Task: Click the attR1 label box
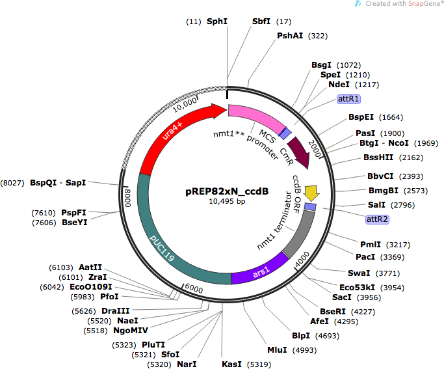pyautogui.click(x=348, y=99)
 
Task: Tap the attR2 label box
pyautogui.click(x=377, y=219)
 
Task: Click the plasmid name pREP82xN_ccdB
pyautogui.click(x=227, y=191)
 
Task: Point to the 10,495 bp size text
pyautogui.click(x=227, y=201)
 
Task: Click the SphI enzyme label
pyautogui.click(x=217, y=21)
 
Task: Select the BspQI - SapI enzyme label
pyautogui.click(x=58, y=182)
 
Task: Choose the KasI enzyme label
pyautogui.click(x=231, y=364)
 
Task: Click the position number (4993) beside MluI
pyautogui.click(x=304, y=350)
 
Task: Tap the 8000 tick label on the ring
pyautogui.click(x=127, y=198)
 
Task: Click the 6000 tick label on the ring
pyautogui.click(x=194, y=288)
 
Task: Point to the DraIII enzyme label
pyautogui.click(x=116, y=311)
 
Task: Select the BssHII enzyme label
pyautogui.click(x=378, y=157)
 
